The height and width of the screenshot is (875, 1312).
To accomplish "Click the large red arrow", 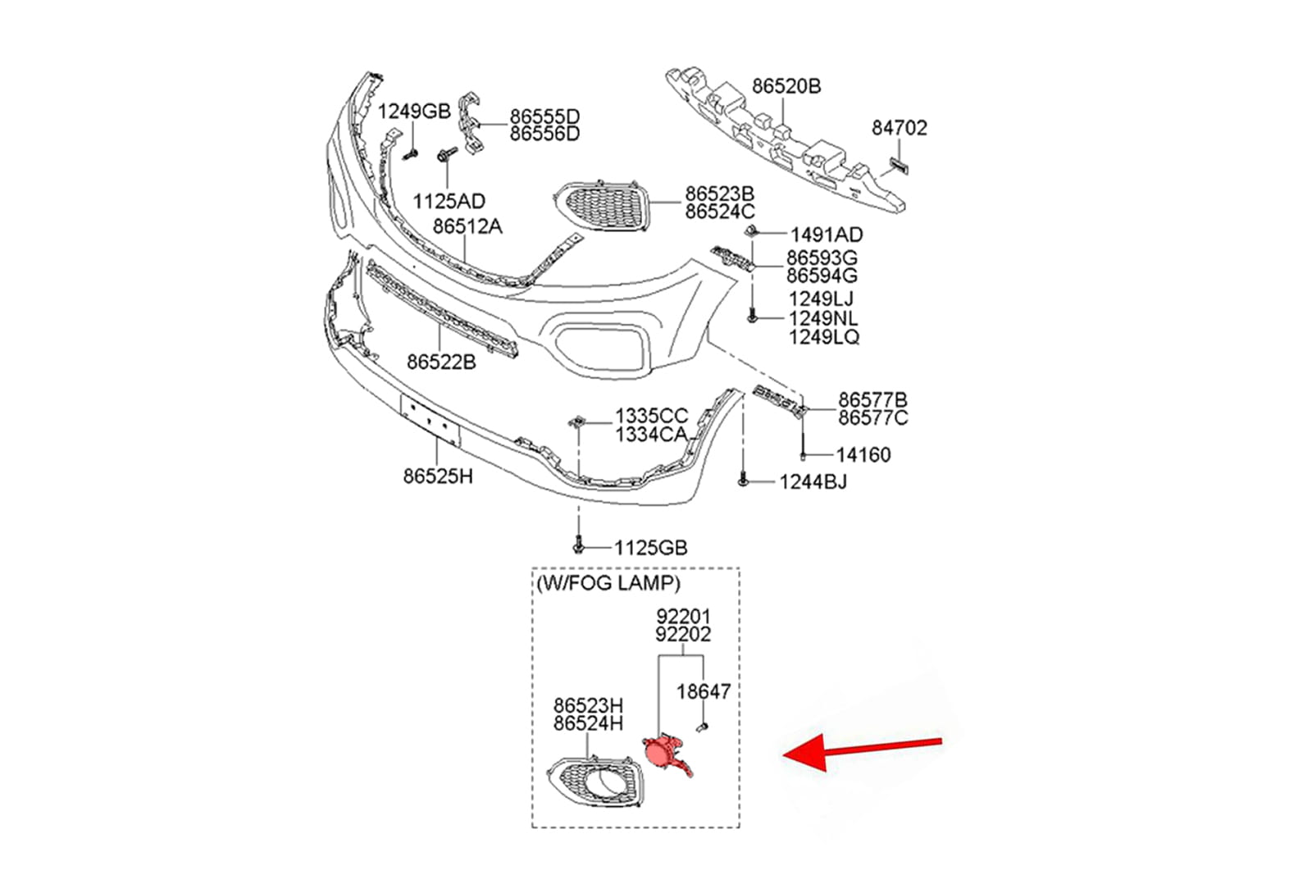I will pyautogui.click(x=861, y=750).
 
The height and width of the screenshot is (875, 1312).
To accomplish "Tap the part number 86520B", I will pyautogui.click(x=786, y=86).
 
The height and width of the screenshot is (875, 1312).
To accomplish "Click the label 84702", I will pyautogui.click(x=899, y=128).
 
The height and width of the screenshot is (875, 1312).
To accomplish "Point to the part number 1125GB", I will pyautogui.click(x=650, y=548).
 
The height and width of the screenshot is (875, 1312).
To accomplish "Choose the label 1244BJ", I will pyautogui.click(x=813, y=482).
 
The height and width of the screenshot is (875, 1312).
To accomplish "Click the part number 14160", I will pyautogui.click(x=863, y=455).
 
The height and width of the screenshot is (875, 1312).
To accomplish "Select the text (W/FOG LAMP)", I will pyautogui.click(x=608, y=584).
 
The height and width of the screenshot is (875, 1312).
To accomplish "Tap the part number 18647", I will pyautogui.click(x=703, y=692).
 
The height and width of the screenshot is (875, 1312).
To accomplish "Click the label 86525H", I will pyautogui.click(x=438, y=476).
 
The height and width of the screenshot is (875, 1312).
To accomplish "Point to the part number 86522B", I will pyautogui.click(x=441, y=362).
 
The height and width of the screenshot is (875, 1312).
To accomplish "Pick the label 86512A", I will pyautogui.click(x=467, y=226).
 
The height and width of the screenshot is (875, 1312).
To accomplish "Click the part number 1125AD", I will pyautogui.click(x=449, y=201).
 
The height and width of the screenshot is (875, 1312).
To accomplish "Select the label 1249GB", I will pyautogui.click(x=413, y=112).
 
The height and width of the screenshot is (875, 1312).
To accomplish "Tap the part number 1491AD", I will pyautogui.click(x=826, y=235).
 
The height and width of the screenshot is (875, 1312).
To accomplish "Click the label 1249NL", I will pyautogui.click(x=823, y=318).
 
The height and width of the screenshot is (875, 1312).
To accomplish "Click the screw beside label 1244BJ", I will pyautogui.click(x=743, y=480).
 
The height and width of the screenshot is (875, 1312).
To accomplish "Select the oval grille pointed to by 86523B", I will pyautogui.click(x=603, y=206).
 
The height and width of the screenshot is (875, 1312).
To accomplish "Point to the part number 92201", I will pyautogui.click(x=683, y=616).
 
